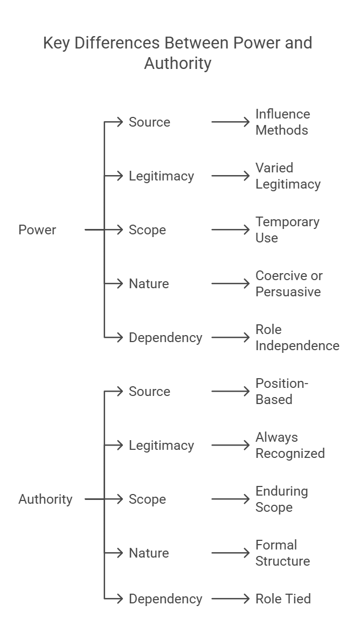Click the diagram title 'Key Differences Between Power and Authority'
click(x=177, y=53)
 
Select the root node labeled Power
click(x=37, y=230)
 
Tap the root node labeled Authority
click(x=45, y=499)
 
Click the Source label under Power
click(x=149, y=122)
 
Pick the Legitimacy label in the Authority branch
click(x=161, y=446)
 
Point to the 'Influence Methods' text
click(x=282, y=122)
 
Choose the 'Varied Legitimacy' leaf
click(x=288, y=176)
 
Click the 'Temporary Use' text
click(x=287, y=230)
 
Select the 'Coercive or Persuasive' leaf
click(x=289, y=284)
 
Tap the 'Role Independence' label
click(x=297, y=338)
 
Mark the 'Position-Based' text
click(x=281, y=392)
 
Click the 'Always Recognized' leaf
click(x=290, y=446)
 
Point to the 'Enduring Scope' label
click(x=281, y=499)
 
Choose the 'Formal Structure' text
click(x=282, y=553)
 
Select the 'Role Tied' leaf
click(x=283, y=599)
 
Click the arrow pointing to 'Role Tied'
click(x=231, y=599)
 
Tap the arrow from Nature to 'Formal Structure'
click(x=231, y=553)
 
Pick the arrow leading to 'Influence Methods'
click(x=231, y=122)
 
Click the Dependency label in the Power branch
click(x=165, y=338)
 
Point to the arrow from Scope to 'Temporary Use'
click(x=231, y=230)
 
